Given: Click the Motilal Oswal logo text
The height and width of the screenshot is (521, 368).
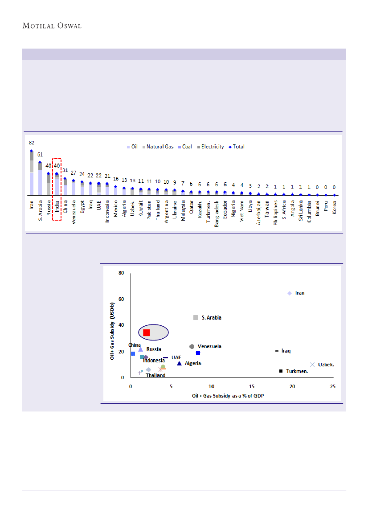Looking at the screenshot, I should [52, 25].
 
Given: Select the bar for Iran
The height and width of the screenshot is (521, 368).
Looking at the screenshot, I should [32, 174].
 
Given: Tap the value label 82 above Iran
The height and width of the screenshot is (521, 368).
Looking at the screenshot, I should [32, 143].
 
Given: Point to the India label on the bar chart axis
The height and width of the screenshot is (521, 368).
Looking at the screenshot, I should [57, 208].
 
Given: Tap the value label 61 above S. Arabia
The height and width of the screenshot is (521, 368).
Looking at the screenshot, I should [40, 155].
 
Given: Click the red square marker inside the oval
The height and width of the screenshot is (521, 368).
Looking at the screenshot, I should [147, 332].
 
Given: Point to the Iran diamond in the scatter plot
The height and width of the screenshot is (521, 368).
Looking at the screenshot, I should [290, 293].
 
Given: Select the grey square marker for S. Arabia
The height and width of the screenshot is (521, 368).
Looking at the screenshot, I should [195, 317].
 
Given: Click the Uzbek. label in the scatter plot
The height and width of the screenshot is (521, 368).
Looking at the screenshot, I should [326, 365].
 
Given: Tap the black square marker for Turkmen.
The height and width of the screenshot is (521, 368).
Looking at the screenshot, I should [281, 371].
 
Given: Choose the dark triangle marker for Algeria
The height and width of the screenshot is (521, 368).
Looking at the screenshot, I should [179, 364].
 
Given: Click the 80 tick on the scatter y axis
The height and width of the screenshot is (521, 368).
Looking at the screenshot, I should [120, 273].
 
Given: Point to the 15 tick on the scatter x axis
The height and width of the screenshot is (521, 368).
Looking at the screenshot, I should [252, 386].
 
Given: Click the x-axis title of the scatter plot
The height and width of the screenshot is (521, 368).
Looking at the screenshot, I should [228, 396].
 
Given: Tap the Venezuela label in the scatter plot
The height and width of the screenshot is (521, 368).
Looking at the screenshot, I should [209, 346].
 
